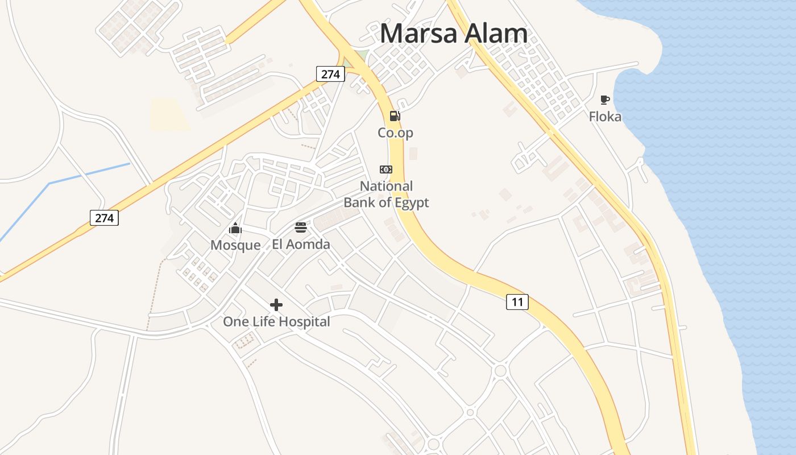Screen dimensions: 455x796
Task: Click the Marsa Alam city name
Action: click(453, 34)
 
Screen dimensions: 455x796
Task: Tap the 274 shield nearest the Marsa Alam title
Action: click(330, 74)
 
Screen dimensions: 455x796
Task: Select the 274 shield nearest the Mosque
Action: click(104, 217)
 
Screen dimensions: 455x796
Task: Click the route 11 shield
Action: click(517, 302)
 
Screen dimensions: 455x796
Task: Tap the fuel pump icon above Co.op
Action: click(395, 117)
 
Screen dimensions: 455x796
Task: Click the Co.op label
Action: click(395, 133)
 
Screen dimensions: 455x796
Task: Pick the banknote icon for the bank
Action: click(386, 169)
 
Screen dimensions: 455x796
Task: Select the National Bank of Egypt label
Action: click(386, 195)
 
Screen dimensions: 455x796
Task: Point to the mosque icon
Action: click(235, 229)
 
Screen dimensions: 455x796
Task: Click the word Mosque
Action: click(235, 245)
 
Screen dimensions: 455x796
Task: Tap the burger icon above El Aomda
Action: click(301, 228)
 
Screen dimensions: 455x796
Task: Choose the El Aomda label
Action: click(301, 245)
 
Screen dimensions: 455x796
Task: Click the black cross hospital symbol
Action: click(276, 305)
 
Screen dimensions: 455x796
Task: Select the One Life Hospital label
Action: click(276, 322)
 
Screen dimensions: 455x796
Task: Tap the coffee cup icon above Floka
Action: click(605, 100)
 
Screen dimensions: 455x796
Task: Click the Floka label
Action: click(605, 117)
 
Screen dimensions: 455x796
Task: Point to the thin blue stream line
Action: click(85, 174)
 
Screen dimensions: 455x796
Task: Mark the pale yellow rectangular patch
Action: click(170, 114)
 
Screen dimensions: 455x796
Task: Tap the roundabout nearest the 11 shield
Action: click(500, 371)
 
